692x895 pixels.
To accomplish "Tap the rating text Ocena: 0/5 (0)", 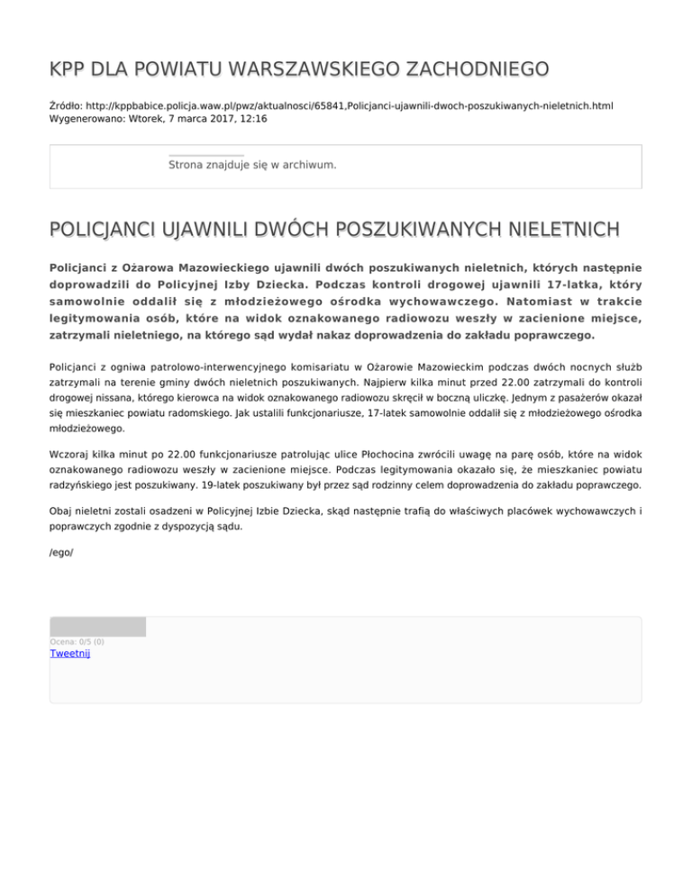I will click(77, 641).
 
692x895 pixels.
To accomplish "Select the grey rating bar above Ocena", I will click(97, 627).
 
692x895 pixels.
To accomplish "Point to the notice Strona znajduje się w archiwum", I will click(252, 166).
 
